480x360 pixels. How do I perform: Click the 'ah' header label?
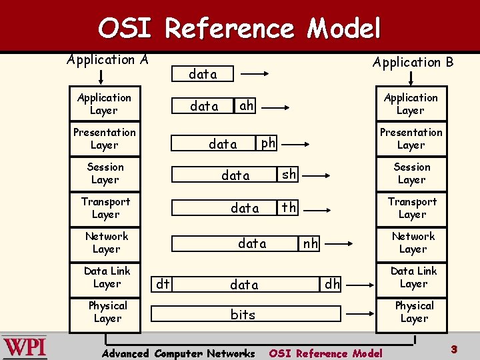click(x=247, y=105)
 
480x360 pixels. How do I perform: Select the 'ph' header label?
click(x=268, y=143)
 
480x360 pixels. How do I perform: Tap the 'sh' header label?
click(x=289, y=175)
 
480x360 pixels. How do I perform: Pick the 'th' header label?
click(x=289, y=208)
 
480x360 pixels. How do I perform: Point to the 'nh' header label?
click(x=311, y=244)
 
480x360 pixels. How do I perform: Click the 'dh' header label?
click(x=332, y=285)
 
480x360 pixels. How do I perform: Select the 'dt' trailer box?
click(x=162, y=285)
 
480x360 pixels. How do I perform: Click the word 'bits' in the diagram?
click(x=243, y=315)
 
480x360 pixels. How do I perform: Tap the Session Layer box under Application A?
click(x=105, y=173)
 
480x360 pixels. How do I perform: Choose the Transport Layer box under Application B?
click(x=412, y=208)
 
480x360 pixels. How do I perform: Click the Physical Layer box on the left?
click(x=107, y=312)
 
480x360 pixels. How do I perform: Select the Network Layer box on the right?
click(x=413, y=243)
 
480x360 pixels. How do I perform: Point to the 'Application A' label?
click(x=107, y=59)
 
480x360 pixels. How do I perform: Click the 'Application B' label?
click(x=413, y=62)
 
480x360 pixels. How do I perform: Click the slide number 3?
click(x=453, y=349)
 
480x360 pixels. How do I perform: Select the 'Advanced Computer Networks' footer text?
click(x=178, y=353)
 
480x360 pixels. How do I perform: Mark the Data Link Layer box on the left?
click(x=107, y=277)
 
